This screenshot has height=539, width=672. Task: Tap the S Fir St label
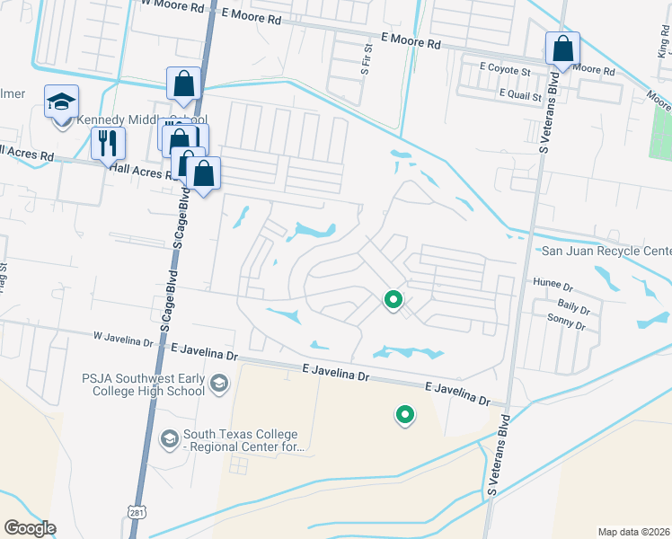(x=367, y=57)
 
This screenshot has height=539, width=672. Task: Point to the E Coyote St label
(x=507, y=67)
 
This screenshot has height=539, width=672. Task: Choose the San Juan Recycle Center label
(x=606, y=251)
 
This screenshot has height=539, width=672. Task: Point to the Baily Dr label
(x=572, y=309)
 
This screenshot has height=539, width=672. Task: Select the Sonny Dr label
(x=568, y=318)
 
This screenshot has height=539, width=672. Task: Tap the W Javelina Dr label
(x=123, y=340)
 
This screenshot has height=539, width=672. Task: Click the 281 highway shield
(x=136, y=511)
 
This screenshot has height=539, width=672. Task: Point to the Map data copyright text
(x=633, y=532)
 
